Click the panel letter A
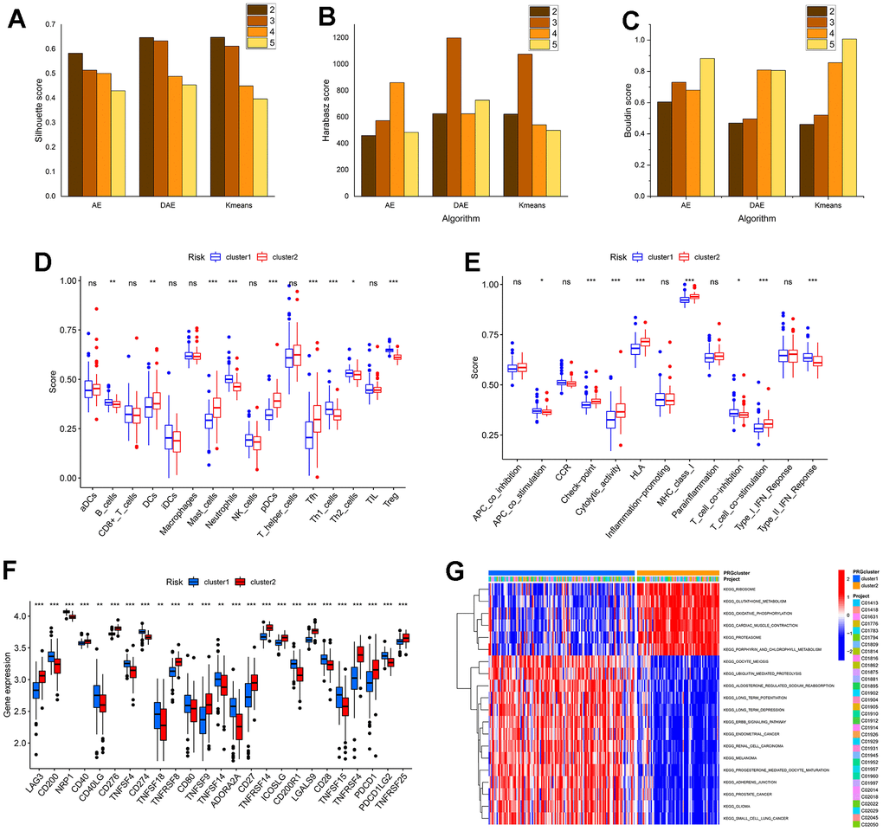pyautogui.click(x=16, y=19)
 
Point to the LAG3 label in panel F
pyautogui.click(x=35, y=795)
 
